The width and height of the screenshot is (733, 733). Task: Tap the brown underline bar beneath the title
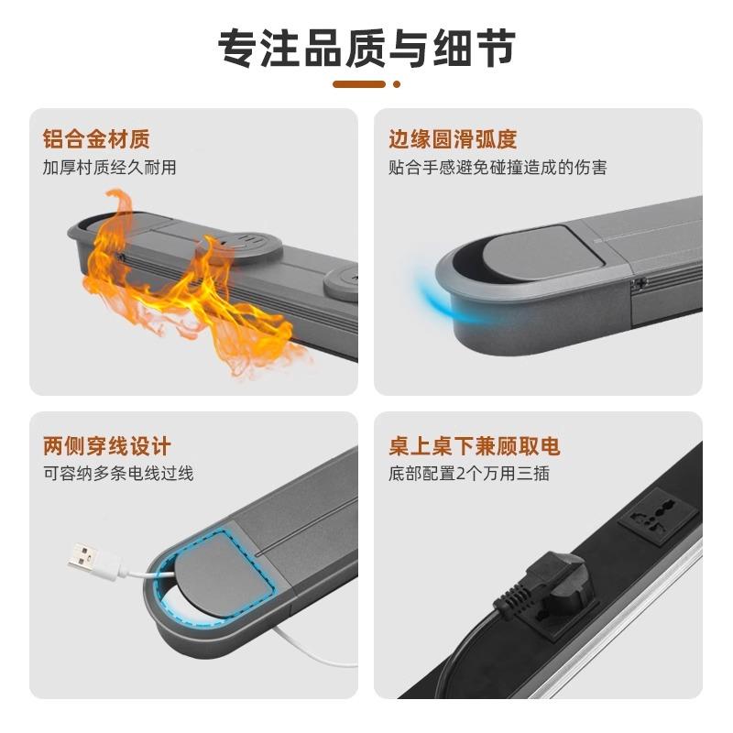coord(359,84)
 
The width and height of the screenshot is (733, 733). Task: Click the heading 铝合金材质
coord(96,140)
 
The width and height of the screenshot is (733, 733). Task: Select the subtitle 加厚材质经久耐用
coord(109,168)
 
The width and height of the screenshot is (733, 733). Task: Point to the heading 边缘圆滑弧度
coord(453,140)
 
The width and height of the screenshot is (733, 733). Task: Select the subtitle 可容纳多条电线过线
coord(118,474)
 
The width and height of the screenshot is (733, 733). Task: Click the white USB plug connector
coord(90,554)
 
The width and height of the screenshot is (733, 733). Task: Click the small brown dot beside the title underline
coord(397,84)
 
